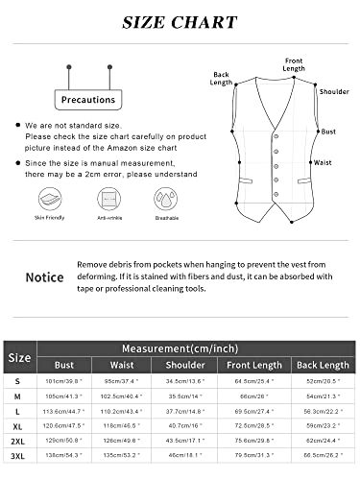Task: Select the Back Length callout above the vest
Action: point(221,79)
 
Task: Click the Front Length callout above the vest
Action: point(294,64)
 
